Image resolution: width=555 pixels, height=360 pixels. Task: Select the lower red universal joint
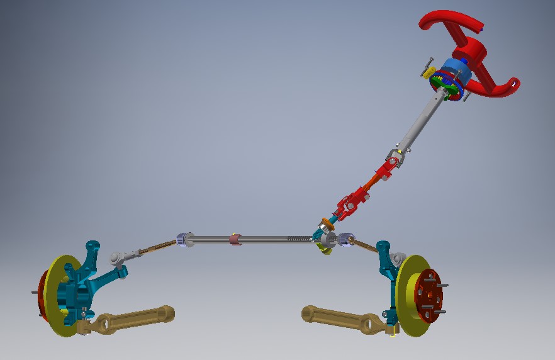pyautogui.click(x=350, y=205)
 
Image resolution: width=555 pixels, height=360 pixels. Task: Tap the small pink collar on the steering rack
pyautogui.click(x=235, y=239)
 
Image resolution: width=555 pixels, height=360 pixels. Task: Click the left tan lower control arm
pyautogui.click(x=132, y=318)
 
